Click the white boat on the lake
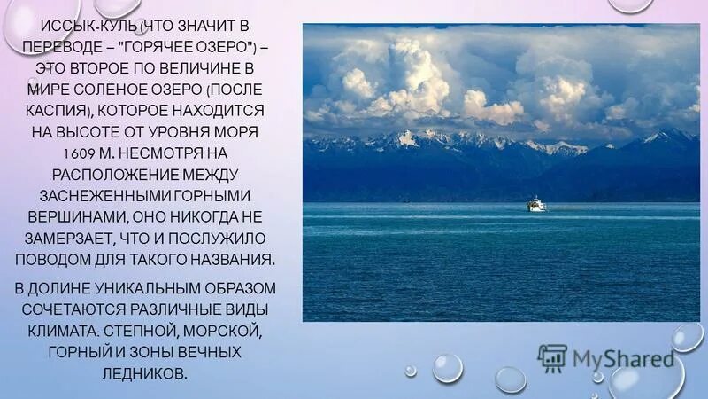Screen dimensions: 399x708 (536, 204)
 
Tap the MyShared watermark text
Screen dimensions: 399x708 (622, 359)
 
